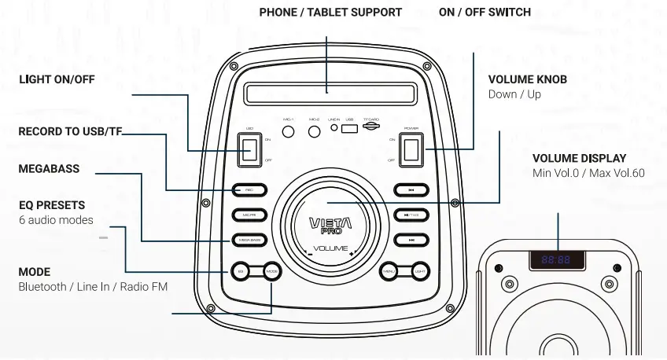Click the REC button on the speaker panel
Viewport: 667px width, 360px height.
(249, 189)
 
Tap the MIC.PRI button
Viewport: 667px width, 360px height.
(249, 215)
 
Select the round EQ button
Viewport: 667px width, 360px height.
(241, 271)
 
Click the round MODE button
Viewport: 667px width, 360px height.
(271, 271)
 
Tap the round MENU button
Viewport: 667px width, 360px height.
(389, 271)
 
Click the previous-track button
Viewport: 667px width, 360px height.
(411, 189)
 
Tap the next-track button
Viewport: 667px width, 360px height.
(411, 240)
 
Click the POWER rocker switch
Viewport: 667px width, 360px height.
(411, 149)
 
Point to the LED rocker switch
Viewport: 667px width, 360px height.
(250, 149)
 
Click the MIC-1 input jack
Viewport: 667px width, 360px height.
(288, 130)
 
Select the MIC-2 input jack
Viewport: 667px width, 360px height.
(313, 130)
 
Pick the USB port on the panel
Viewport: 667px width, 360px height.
(350, 127)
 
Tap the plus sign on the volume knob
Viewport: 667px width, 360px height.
(351, 253)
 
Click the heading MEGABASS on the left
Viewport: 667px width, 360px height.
(49, 169)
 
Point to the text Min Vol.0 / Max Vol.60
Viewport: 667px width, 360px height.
(588, 173)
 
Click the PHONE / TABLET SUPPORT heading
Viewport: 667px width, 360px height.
(330, 13)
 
